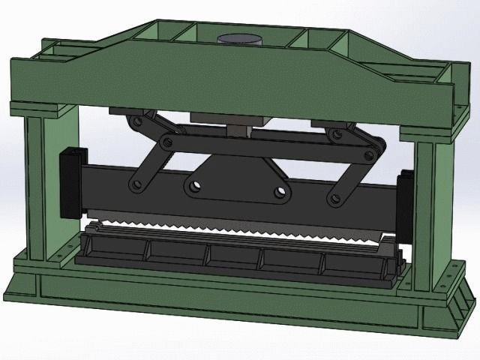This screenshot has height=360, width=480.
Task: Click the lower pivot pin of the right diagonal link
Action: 331,199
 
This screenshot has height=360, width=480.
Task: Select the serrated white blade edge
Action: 240,228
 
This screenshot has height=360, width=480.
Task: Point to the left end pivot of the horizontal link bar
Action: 168,140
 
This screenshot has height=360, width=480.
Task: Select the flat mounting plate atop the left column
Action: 41,109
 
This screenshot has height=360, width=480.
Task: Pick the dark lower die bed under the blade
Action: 240,259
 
